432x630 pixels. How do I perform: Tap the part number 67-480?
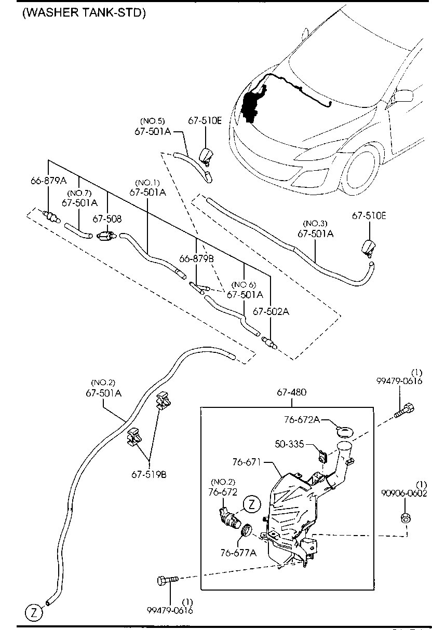point(291,392)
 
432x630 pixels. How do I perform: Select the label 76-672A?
point(316,420)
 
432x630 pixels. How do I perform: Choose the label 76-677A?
point(238,553)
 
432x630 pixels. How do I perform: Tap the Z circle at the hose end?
point(33,612)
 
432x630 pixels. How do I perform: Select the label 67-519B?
point(149,474)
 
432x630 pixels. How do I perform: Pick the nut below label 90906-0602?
point(406,517)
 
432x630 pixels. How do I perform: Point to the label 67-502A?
point(271,311)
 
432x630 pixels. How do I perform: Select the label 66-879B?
point(196,258)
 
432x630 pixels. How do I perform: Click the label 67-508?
point(107,219)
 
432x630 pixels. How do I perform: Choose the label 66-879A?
point(48,181)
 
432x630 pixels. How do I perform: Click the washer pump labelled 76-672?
point(228,517)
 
